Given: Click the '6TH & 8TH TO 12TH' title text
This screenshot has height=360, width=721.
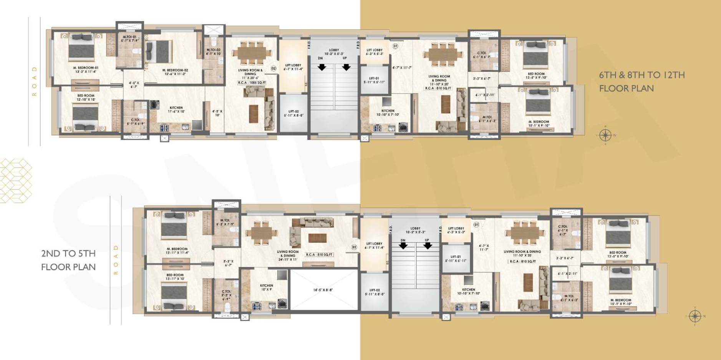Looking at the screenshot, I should click(641, 75).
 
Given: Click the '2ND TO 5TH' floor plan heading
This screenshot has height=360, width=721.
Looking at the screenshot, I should click(68, 254).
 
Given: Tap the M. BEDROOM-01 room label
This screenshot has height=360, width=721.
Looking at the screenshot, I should click(86, 70).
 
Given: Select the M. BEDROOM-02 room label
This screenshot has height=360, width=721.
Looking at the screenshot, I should click(175, 72).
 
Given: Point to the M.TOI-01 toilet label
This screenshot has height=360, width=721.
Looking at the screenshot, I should click(129, 38).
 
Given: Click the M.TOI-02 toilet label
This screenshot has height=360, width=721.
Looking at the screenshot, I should click(213, 51).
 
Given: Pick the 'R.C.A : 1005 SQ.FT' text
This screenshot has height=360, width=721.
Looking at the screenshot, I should click(252, 83).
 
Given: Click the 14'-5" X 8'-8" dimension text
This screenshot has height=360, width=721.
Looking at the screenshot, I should click(323, 290).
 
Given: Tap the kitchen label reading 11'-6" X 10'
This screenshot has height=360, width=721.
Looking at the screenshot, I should click(176, 109).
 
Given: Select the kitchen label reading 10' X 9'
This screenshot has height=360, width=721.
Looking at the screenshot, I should click(266, 287).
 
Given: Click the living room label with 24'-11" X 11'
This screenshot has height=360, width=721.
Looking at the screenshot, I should click(288, 255).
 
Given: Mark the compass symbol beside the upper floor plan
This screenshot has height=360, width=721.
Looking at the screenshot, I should click(606, 135).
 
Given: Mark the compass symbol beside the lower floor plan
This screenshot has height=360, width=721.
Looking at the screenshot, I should click(695, 316).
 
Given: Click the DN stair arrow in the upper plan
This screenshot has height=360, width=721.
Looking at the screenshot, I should click(322, 67).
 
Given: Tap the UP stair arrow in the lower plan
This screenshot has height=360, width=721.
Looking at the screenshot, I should click(428, 246).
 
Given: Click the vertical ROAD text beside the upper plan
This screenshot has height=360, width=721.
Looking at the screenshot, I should click(34, 81).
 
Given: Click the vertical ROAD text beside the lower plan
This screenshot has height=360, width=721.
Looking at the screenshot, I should click(116, 260).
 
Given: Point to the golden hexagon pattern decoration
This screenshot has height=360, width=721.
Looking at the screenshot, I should click(15, 181).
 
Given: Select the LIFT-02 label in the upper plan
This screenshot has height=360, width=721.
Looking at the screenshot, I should click(293, 113).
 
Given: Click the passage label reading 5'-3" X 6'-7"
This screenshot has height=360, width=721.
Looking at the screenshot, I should click(228, 263).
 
